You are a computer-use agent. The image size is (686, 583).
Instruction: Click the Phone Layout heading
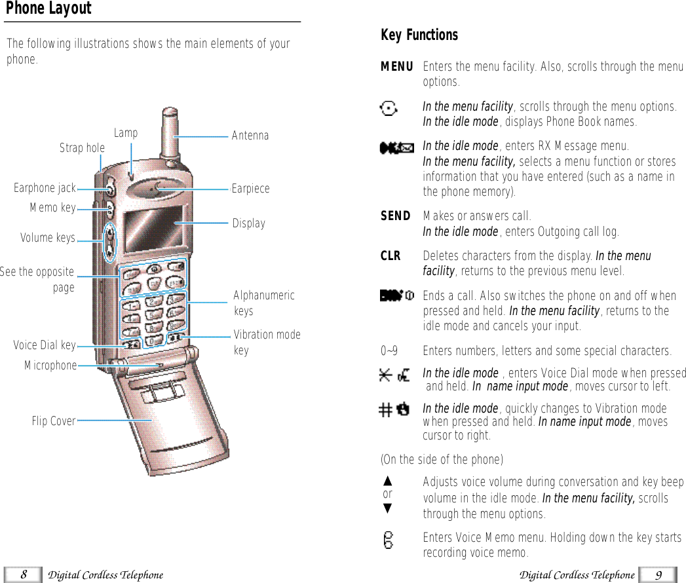48,9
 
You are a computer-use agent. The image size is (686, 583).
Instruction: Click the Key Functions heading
419,35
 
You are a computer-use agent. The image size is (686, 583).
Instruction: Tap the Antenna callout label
250,136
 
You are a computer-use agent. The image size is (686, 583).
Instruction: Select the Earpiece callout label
250,189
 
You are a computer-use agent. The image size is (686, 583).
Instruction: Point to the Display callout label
249,223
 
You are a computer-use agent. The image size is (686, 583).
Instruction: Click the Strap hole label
82,148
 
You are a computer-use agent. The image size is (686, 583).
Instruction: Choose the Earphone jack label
45,189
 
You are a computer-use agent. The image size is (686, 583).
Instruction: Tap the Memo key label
52,208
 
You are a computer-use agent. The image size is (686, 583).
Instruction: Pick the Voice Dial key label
45,345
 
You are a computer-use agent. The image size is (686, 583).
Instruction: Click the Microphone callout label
50,366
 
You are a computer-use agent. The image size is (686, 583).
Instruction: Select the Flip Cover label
54,421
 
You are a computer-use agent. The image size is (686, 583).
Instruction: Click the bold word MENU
397,67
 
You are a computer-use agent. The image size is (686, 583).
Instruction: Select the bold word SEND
396,216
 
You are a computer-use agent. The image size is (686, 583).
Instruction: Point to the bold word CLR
391,256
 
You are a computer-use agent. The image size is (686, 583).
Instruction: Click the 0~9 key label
389,351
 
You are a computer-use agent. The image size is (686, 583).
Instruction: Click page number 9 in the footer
658,575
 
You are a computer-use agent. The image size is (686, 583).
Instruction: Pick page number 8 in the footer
23,575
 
